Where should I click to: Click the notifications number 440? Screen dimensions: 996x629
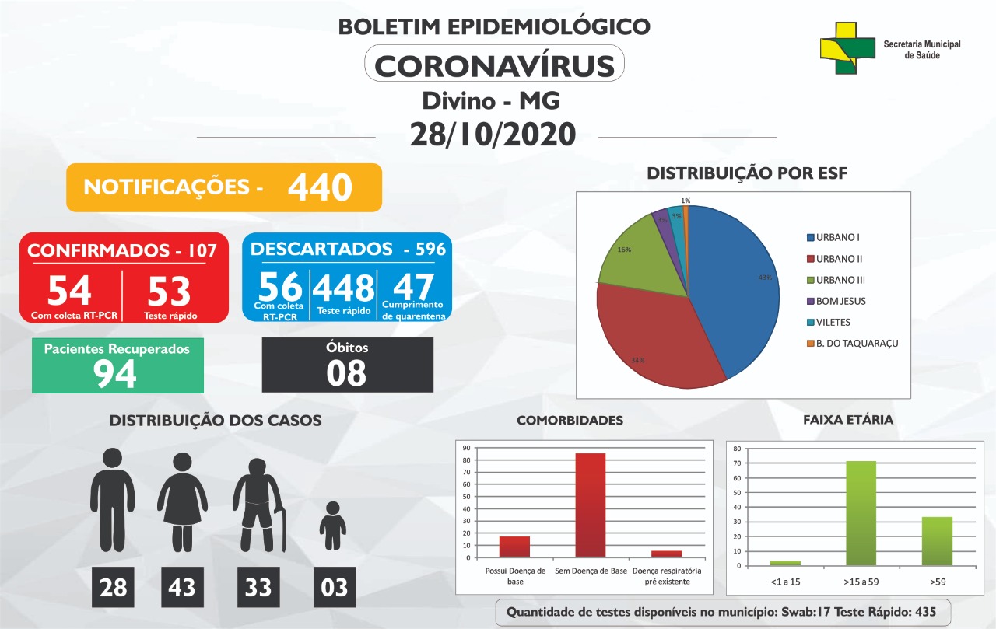coord(320,187)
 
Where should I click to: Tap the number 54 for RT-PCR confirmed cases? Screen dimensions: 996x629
coord(69,291)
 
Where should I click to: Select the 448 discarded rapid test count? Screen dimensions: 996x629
coord(344,288)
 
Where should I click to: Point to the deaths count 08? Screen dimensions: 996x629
coord(346,372)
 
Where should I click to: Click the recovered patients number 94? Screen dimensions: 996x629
coord(114,374)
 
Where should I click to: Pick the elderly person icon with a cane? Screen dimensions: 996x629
coord(259,505)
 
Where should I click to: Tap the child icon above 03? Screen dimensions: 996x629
coord(332,526)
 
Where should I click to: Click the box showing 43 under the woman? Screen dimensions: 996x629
coord(182,587)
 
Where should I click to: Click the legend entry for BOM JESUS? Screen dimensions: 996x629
coord(836,301)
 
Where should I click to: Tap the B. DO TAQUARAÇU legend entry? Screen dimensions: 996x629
coord(852,344)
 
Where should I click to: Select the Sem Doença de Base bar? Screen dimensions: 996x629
coord(591,505)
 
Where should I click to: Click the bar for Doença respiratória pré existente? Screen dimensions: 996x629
coord(667,554)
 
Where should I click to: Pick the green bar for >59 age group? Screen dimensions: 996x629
coord(938,541)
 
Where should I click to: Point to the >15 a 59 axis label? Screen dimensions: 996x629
coord(861,582)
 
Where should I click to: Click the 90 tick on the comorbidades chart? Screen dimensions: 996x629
coord(466,448)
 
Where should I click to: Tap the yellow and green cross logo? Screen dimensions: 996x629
coord(847,48)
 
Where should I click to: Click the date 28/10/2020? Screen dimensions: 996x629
coord(493,135)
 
